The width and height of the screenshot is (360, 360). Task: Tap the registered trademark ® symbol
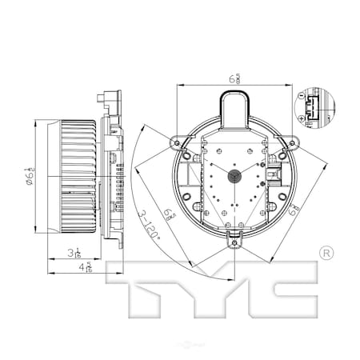pos(326,253)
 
